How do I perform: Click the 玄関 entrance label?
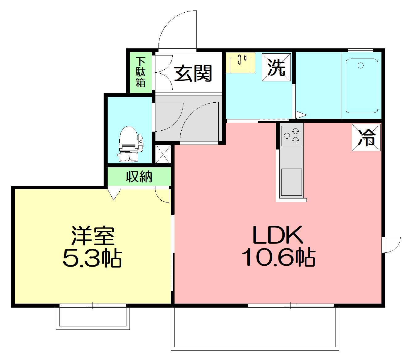(193, 73)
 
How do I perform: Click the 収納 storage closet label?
(139, 177)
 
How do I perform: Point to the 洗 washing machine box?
(276, 67)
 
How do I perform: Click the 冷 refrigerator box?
(366, 137)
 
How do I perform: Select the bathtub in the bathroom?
(362, 86)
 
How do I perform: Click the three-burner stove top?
(291, 136)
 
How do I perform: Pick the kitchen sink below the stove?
(291, 182)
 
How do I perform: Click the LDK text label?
(278, 235)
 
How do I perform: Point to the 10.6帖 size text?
(278, 258)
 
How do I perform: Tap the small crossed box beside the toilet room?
(163, 154)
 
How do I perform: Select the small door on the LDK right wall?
(391, 245)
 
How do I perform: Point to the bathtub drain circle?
(360, 65)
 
